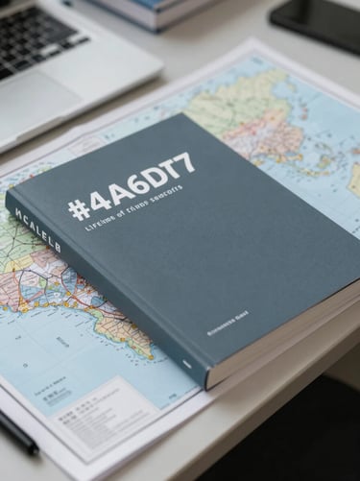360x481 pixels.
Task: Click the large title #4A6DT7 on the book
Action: tap(132, 185)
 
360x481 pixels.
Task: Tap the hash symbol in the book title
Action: tap(79, 207)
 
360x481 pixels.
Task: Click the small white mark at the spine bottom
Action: tap(187, 364)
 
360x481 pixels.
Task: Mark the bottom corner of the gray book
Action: tap(206, 384)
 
